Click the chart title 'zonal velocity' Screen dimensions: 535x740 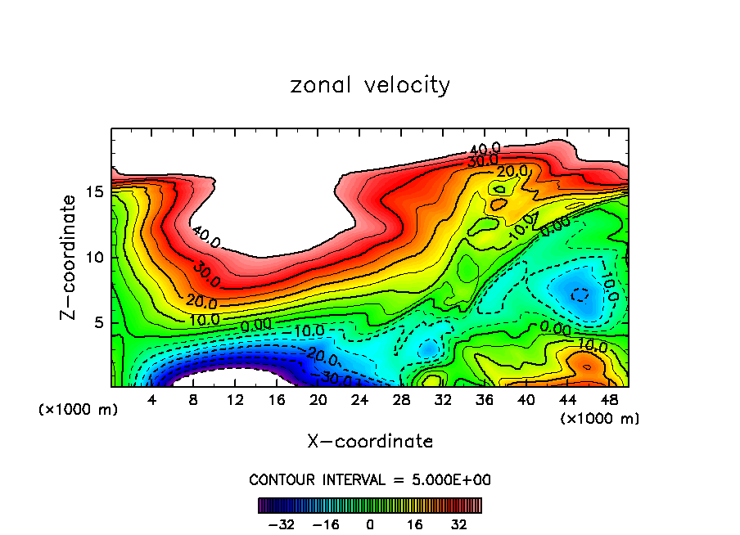(x=370, y=85)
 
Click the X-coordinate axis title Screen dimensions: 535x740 (x=370, y=442)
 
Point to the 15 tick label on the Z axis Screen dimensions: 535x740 (x=92, y=191)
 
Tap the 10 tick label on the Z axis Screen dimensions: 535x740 (x=92, y=257)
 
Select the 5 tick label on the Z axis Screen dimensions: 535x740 (x=97, y=322)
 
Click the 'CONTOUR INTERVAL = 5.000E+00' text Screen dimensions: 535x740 (x=370, y=479)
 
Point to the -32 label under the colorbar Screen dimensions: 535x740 (x=282, y=524)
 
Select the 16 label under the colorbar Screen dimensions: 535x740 (x=414, y=524)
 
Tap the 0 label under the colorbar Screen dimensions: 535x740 (x=370, y=524)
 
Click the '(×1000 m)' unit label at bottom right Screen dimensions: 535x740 (x=600, y=419)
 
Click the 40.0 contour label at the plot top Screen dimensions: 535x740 (x=485, y=150)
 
